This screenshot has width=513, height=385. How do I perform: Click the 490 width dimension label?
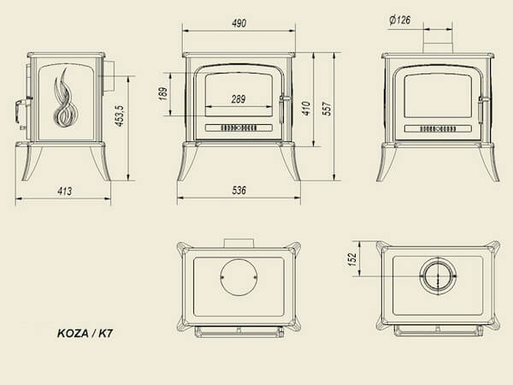239,23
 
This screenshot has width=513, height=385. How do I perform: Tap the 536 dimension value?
239,191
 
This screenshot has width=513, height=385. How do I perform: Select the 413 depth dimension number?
64,191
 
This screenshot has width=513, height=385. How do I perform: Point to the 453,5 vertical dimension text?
120,115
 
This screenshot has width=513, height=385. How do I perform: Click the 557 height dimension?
327,109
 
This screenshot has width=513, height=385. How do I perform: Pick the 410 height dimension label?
306,109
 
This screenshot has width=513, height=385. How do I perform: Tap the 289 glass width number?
239,99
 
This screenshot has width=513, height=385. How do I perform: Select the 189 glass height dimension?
163,94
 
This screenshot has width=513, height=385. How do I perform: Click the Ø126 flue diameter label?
400,21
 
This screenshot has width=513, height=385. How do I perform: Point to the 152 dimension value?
352,259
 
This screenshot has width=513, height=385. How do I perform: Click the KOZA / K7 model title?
85,334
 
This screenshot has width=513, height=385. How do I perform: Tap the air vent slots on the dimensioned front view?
239,127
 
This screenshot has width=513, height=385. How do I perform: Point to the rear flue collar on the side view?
109,77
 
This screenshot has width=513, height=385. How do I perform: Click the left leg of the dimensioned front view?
187,162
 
